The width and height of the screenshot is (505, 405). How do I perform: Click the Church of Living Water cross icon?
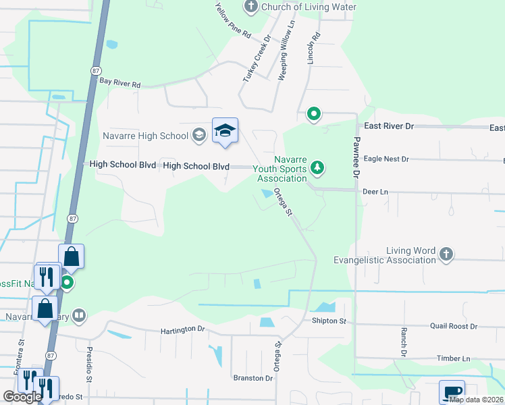click(x=251, y=7)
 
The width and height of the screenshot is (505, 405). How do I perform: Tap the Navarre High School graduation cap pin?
click(x=225, y=131)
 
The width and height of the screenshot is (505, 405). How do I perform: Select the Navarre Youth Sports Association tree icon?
click(x=317, y=167)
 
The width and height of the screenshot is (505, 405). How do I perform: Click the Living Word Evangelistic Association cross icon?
click(x=445, y=254)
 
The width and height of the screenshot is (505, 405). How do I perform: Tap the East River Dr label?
click(x=388, y=126)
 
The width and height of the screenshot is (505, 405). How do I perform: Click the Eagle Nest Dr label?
click(x=386, y=159)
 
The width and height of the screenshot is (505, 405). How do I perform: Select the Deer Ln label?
click(x=375, y=192)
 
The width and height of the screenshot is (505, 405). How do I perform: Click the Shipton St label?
click(x=329, y=321)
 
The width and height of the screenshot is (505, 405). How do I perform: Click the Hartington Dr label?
click(x=182, y=329)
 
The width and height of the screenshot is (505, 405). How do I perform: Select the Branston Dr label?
click(x=252, y=378)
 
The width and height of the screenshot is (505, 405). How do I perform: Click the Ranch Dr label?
click(x=403, y=342)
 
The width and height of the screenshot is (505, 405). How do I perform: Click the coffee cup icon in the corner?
click(x=452, y=391)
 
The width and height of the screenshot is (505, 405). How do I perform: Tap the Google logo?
click(x=22, y=397)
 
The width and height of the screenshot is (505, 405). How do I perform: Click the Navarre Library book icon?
click(x=80, y=315)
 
